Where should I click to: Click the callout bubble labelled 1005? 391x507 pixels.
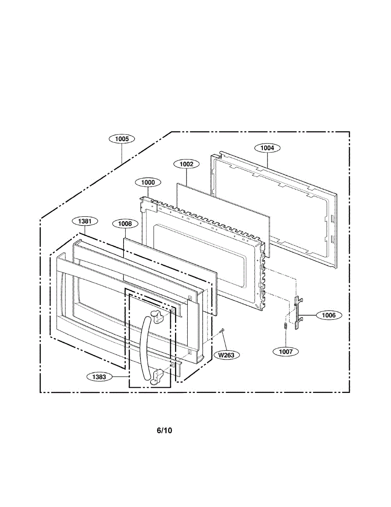122,139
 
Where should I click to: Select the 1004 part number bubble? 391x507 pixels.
267,148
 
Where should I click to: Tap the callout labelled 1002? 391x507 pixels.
186,164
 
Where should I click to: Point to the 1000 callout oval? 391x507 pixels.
148,183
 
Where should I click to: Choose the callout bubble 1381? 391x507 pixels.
85,221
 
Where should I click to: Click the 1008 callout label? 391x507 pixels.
125,224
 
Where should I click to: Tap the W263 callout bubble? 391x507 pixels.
227,355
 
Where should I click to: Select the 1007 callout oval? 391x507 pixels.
286,351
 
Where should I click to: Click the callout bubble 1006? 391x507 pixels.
329,315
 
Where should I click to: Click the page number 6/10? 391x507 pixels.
164,431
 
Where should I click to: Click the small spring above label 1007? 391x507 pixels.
286,326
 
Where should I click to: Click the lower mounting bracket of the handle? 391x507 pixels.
158,376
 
